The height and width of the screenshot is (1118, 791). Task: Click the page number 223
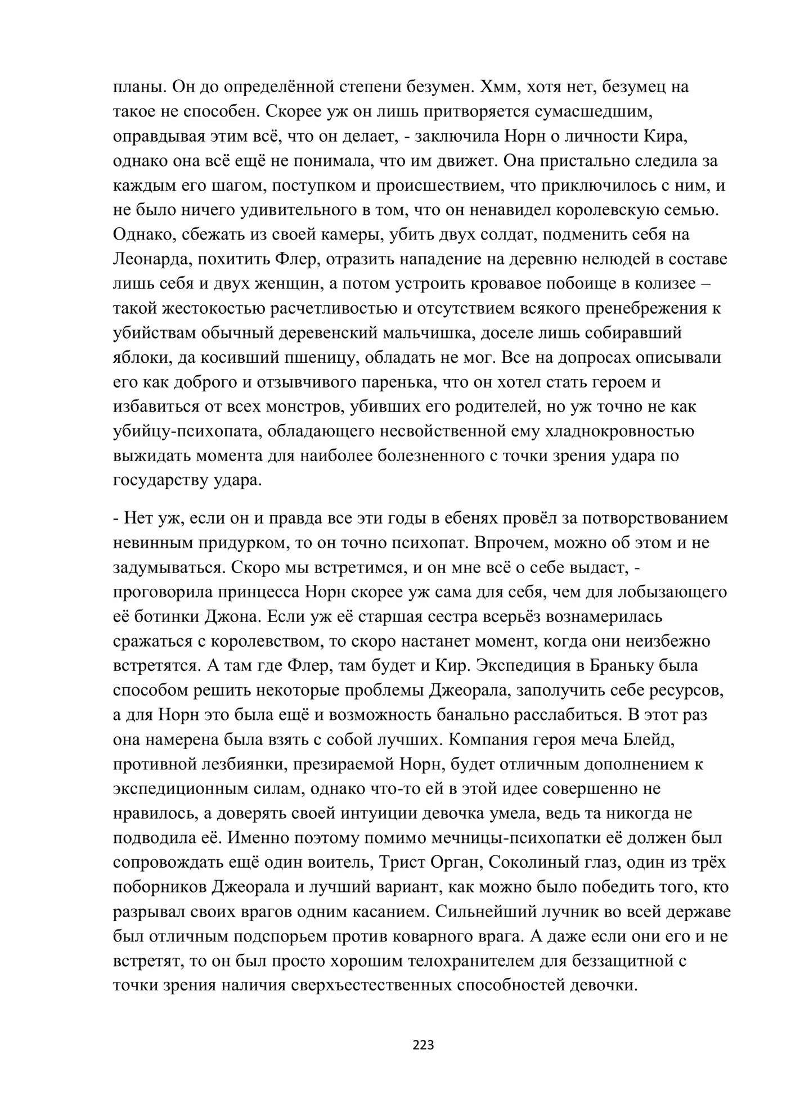pos(423,1045)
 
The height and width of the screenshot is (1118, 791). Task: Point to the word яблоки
pos(136,358)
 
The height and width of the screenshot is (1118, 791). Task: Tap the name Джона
pos(233,616)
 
